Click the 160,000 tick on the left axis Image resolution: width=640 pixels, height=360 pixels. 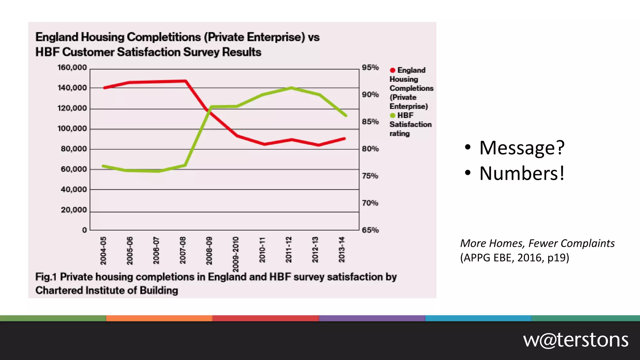pos(72,67)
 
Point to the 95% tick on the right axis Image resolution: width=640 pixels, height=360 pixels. pos(370,67)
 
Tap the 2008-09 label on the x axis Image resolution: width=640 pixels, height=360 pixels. pos(209,251)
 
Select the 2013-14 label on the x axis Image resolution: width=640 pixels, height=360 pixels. pos(342,250)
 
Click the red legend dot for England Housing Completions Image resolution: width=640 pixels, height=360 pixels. pos(392,70)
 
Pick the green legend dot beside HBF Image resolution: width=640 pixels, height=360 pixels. pos(392,116)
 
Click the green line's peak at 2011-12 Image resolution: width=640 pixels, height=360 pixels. pos(291,88)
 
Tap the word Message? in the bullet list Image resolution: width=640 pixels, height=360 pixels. pos(522,147)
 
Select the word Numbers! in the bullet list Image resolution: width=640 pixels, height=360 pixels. pos(522,173)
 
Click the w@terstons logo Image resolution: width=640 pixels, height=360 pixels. pos(576,340)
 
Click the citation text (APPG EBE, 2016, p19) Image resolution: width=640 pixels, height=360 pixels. pos(514,258)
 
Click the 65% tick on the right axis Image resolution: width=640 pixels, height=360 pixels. pos(370,230)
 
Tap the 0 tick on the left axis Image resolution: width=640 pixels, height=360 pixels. pos(84,230)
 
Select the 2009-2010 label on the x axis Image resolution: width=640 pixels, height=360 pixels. pos(236,254)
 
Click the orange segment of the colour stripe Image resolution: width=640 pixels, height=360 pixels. pos(159,318)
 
